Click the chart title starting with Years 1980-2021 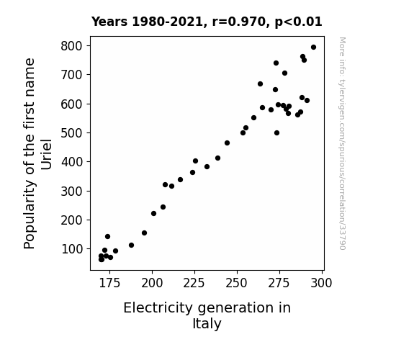(x=207, y=22)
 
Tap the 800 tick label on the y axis (x=71, y=46)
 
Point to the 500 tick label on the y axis (x=71, y=133)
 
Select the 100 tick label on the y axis (x=71, y=249)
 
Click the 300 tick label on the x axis (x=321, y=283)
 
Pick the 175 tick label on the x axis (x=109, y=283)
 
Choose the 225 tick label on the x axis (x=194, y=283)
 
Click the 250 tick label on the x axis (x=237, y=283)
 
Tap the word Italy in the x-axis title (x=207, y=324)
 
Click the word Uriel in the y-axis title (x=46, y=154)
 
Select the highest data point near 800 (x=313, y=48)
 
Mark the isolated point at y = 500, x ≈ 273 (x=276, y=133)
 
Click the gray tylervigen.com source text (x=342, y=143)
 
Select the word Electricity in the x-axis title (x=158, y=308)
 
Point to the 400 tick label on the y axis (x=71, y=162)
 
